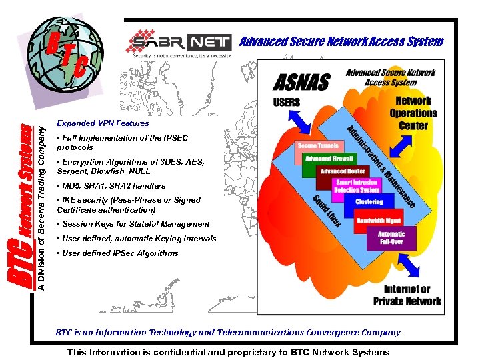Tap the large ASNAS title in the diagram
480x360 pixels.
pos(302,83)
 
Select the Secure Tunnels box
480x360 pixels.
pos(316,145)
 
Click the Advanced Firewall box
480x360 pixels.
pos(329,159)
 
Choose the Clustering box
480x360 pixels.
pos(369,201)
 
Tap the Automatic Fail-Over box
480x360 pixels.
pos(391,238)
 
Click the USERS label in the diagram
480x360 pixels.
pos(287,103)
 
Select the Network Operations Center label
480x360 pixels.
pos(413,113)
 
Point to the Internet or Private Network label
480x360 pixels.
pos(407,295)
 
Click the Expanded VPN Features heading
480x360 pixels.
pos(103,123)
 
